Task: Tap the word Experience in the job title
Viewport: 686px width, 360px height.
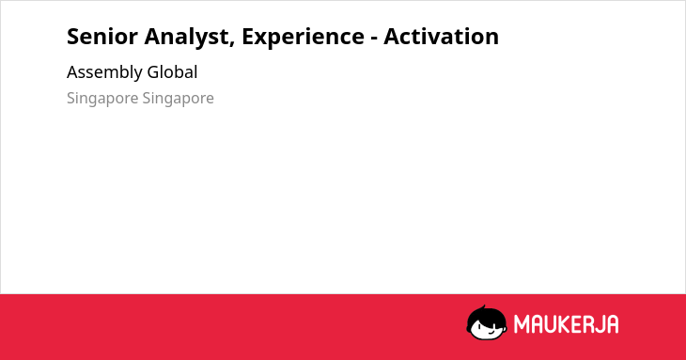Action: point(303,38)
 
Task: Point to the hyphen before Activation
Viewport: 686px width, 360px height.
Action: point(374,39)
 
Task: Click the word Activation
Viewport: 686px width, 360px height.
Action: point(441,37)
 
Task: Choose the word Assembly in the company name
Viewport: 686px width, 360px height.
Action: point(104,72)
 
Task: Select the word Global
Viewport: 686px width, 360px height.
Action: point(172,72)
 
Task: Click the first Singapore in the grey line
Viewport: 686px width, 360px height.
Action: point(102,99)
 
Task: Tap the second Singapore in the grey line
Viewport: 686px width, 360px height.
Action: point(178,99)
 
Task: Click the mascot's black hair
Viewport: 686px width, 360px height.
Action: point(486,316)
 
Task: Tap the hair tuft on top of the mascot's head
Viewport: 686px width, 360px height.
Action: point(483,307)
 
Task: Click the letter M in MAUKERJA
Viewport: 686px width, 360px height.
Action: point(522,324)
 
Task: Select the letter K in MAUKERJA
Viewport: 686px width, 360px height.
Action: point(565,324)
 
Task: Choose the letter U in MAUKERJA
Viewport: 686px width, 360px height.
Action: point(550,324)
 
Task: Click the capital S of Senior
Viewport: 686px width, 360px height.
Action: point(72,37)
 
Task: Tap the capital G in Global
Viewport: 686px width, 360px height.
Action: point(152,72)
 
